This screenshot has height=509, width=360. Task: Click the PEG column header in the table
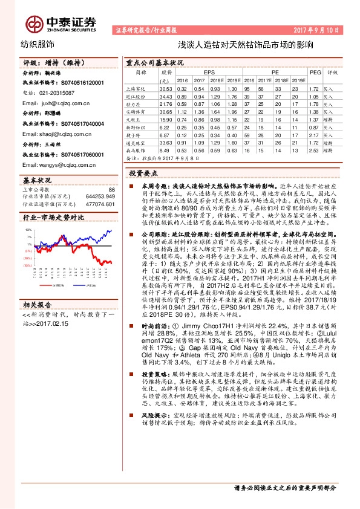tap(314, 71)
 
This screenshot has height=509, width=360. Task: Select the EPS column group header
tap(209, 71)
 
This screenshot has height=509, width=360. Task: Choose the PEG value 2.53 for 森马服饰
tap(314, 151)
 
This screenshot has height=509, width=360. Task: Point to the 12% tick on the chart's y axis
tap(28, 230)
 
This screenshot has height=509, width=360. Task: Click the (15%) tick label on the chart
tap(28, 265)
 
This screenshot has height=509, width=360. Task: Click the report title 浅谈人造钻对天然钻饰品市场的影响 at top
tap(237, 45)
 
